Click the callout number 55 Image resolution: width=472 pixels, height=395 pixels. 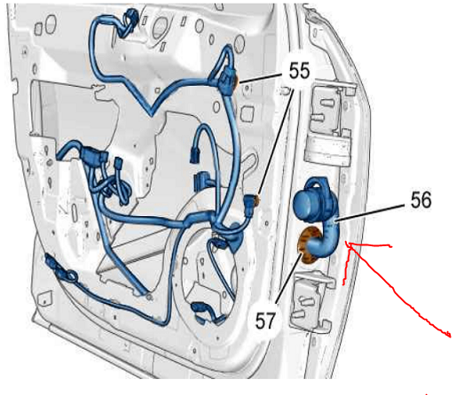tap(299, 71)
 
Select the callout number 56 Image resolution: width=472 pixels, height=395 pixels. tap(421, 199)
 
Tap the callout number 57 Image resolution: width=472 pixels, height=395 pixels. tap(265, 321)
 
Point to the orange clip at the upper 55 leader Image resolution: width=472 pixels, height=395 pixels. tap(235, 81)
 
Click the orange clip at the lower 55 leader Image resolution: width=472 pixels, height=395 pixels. tap(256, 200)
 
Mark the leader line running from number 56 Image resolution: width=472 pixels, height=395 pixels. tap(370, 213)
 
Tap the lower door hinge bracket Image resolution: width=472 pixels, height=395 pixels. tap(311, 300)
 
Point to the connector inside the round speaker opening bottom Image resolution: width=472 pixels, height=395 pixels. tap(206, 313)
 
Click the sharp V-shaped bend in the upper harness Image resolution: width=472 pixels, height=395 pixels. tap(152, 112)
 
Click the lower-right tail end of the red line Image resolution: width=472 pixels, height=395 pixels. tap(451, 337)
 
